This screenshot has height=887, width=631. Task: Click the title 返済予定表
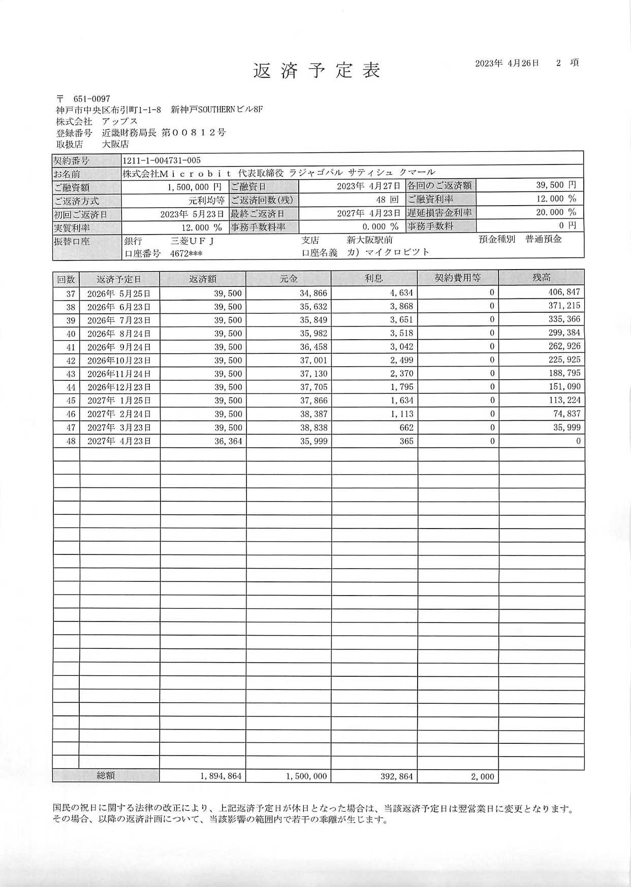317,71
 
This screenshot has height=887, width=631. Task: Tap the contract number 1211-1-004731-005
162,160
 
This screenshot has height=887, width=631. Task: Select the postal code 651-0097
91,99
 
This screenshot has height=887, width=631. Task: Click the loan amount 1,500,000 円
194,187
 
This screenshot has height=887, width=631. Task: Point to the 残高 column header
541,278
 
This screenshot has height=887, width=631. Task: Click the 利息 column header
373,278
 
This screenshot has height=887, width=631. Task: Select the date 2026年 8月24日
119,334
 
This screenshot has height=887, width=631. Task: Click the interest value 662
406,428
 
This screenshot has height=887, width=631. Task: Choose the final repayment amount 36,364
228,441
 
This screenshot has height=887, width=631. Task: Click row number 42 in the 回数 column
71,360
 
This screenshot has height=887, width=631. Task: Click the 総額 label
106,776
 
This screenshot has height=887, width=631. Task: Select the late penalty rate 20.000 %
556,212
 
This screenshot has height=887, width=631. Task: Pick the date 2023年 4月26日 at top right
507,63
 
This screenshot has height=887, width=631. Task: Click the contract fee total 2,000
482,777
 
